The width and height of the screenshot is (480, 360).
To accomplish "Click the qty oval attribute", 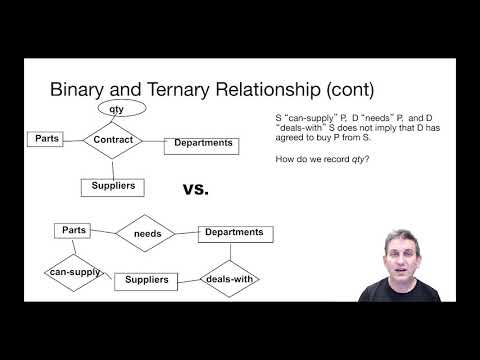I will coord(116,108).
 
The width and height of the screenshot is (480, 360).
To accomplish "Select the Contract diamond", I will coord(113,141).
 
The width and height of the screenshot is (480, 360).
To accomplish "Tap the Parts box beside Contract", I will coord(45,137).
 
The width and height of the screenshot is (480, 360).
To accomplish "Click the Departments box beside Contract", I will coord(203,143).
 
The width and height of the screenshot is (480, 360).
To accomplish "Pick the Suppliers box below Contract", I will coord(114,185).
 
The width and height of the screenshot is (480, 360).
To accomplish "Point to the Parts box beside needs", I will coord(74,230).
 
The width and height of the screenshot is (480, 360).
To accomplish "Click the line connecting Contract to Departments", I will coord(154,142).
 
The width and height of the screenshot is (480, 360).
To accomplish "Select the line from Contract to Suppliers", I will coord(113,168).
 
